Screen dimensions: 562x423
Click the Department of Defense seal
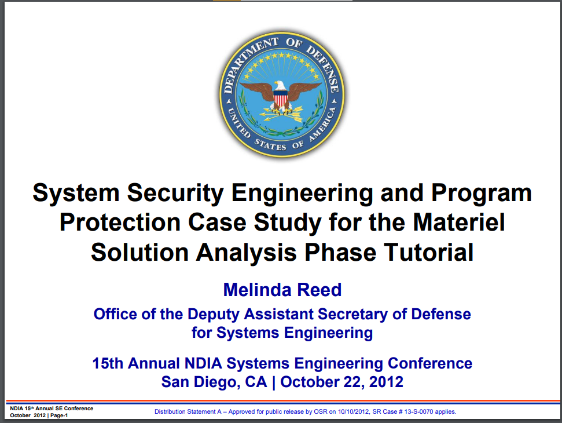(282, 94)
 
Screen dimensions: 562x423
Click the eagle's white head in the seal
(280, 85)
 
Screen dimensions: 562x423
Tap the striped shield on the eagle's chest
(281, 97)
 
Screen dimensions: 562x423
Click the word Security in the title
(175, 193)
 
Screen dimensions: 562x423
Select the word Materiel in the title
(459, 222)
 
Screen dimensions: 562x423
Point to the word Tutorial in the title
(429, 252)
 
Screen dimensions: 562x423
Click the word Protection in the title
(120, 222)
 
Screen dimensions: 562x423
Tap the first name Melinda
(256, 290)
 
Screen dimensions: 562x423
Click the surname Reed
(319, 290)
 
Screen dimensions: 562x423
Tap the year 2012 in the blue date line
(387, 382)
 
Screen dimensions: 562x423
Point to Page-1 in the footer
(59, 415)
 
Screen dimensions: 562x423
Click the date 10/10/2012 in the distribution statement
(354, 411)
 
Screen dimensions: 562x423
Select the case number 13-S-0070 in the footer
(418, 411)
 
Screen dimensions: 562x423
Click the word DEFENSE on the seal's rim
(324, 68)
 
